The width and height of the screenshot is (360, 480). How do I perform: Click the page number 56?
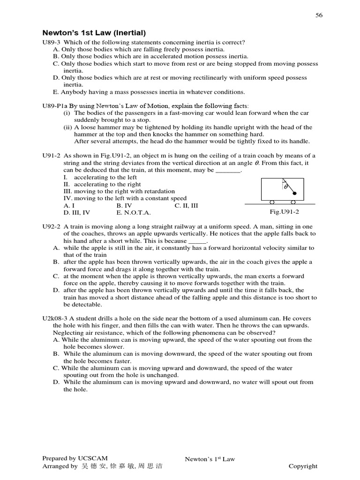click(x=319, y=15)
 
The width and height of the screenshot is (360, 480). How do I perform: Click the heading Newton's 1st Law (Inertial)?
click(x=94, y=33)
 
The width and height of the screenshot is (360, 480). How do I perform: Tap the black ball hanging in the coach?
click(x=294, y=193)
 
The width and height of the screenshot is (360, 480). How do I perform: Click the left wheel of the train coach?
click(x=272, y=202)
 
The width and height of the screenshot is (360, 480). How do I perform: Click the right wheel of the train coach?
click(x=293, y=202)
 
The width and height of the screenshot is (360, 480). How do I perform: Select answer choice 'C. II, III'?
click(x=187, y=205)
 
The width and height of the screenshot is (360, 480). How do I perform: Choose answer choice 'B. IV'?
click(x=124, y=205)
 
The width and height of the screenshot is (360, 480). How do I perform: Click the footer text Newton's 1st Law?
click(x=210, y=459)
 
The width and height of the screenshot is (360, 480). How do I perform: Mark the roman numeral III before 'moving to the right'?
click(x=67, y=191)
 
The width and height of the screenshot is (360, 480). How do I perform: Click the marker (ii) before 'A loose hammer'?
click(x=67, y=127)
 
